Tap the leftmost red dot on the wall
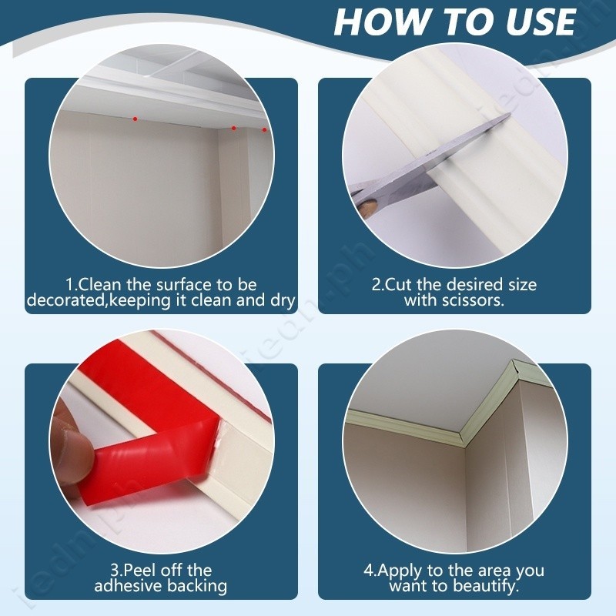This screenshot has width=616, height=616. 136,119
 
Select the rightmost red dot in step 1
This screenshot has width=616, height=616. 264,129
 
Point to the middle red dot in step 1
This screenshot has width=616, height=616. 234,128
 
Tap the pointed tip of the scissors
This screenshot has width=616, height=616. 510,114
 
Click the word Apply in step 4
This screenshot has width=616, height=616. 397,571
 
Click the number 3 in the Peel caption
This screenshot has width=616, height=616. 114,570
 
